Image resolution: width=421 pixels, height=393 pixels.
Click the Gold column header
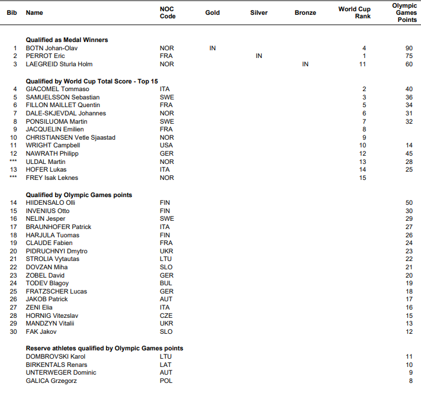pyautogui.click(x=213, y=12)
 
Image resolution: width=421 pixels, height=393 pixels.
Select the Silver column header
pyautogui.click(x=259, y=12)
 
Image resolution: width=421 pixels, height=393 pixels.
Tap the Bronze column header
pyautogui.click(x=305, y=12)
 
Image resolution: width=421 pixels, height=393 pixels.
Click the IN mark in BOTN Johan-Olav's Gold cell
pyautogui.click(x=213, y=48)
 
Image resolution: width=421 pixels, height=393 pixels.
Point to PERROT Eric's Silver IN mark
pyautogui.click(x=259, y=56)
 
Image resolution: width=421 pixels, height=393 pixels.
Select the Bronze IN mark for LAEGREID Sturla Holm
pyautogui.click(x=305, y=64)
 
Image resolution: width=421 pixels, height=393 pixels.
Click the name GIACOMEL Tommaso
pyautogui.click(x=53, y=89)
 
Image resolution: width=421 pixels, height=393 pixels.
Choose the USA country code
pyautogui.click(x=166, y=145)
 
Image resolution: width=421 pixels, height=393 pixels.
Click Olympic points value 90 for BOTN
pyautogui.click(x=409, y=48)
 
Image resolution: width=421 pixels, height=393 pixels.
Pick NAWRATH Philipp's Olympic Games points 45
pyautogui.click(x=409, y=153)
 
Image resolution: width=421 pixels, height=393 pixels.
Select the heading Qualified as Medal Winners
pyautogui.click(x=67, y=40)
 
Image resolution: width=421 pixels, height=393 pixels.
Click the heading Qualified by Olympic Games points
pyautogui.click(x=79, y=195)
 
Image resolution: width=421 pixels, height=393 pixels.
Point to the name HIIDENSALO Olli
pyautogui.click(x=50, y=202)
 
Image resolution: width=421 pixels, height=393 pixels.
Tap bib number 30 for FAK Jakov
pyautogui.click(x=14, y=331)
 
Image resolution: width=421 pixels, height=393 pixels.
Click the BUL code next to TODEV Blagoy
pyautogui.click(x=166, y=283)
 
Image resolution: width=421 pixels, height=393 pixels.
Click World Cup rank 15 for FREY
pyautogui.click(x=364, y=178)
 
